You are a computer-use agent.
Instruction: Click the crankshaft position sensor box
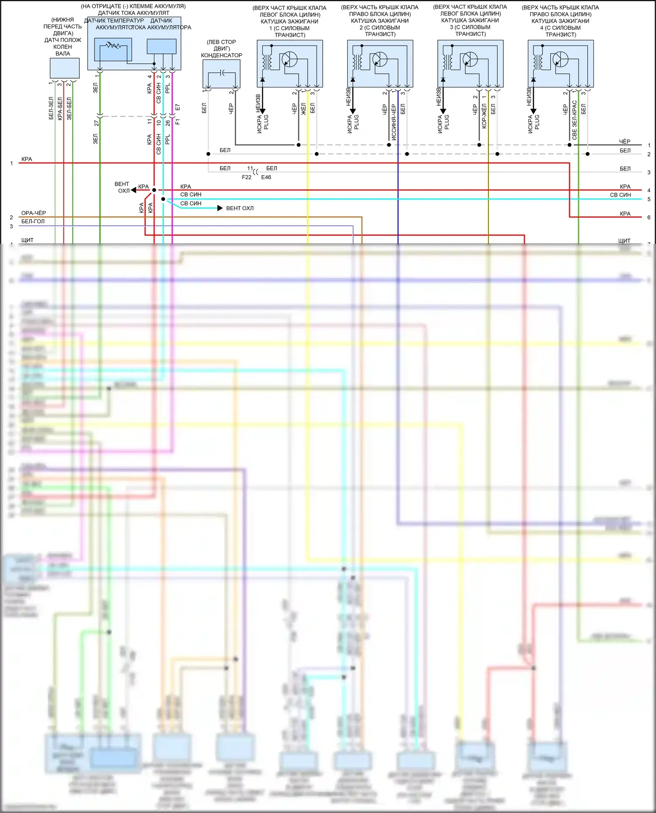64,68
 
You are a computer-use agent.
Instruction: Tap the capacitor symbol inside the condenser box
222,73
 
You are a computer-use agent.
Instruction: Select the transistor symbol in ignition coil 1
289,59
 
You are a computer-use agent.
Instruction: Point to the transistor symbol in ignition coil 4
560,59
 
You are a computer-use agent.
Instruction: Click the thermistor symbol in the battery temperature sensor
113,45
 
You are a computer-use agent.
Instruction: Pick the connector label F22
247,177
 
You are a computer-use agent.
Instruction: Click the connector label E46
266,177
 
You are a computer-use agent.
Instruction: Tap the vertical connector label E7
178,107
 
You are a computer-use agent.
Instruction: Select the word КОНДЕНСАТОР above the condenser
221,55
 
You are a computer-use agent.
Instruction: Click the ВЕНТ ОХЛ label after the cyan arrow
240,208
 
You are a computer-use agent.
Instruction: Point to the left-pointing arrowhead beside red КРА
133,190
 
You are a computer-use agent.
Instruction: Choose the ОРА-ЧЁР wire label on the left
34,213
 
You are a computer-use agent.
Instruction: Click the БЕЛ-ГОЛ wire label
33,221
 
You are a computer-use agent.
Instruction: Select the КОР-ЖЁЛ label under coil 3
484,116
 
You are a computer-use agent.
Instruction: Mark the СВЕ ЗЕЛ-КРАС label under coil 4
574,120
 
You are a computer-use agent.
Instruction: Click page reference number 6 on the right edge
649,218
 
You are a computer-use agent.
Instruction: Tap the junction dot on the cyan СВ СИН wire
163,199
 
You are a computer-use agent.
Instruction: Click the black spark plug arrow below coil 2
353,111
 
